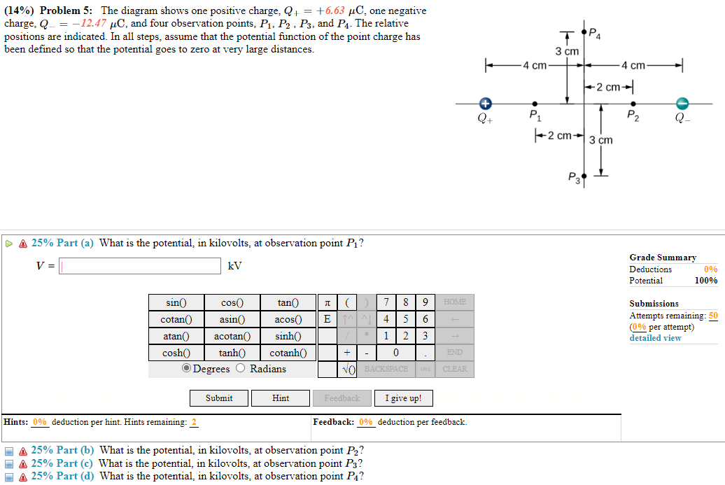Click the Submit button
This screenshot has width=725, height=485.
coord(219,398)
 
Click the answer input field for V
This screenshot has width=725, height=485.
coord(140,266)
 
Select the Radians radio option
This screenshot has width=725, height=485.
coord(241,369)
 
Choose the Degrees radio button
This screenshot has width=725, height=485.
coord(186,369)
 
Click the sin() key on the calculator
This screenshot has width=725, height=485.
coord(176,302)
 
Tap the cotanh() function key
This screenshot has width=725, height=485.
coord(288,353)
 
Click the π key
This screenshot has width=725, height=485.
coord(327,302)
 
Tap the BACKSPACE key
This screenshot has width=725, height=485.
coord(386,369)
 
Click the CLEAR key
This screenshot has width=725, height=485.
coord(454,369)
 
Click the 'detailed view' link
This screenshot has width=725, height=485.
coord(655,338)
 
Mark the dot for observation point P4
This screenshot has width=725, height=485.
coord(584,31)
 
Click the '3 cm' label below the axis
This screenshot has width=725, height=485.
coord(600,140)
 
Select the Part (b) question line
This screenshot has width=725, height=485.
coord(231,450)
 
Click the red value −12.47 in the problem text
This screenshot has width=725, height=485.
coord(94,24)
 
